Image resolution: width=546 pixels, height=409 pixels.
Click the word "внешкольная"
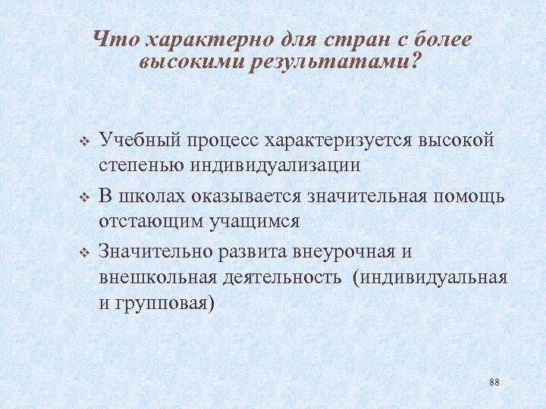[x=157, y=276]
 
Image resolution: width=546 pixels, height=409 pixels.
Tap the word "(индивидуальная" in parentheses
[x=429, y=276]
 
